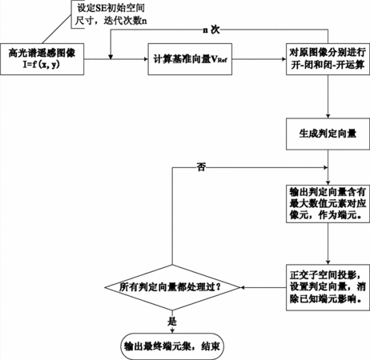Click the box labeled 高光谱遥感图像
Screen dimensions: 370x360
coord(42,59)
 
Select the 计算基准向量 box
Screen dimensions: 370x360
coord(190,59)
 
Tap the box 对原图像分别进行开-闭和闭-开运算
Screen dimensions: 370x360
coord(328,59)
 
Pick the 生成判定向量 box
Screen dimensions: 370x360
coord(328,134)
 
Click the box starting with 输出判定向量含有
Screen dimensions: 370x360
coord(328,204)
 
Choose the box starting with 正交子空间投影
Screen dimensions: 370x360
coord(328,287)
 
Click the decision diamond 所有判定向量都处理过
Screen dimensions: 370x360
coord(172,287)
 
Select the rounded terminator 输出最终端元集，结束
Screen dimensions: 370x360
coord(172,346)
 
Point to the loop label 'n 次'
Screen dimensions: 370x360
coord(211,30)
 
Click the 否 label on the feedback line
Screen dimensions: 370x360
coord(201,167)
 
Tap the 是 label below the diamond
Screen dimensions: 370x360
coord(172,322)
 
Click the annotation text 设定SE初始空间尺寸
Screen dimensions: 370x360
coord(111,14)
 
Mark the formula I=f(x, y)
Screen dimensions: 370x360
coord(41,65)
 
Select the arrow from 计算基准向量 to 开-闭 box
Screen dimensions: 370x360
coord(259,59)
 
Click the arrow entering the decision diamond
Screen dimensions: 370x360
coord(263,287)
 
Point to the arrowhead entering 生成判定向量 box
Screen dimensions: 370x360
coord(328,116)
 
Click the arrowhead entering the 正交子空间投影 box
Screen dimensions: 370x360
coord(328,262)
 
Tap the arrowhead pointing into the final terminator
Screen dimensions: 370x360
coord(172,331)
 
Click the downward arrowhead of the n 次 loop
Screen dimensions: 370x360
coord(111,57)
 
